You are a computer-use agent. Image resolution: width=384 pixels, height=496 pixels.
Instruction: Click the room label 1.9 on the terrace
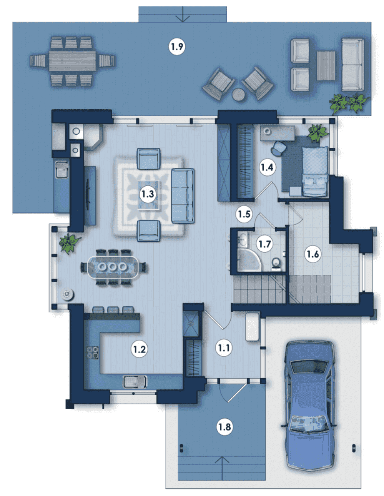[177, 47]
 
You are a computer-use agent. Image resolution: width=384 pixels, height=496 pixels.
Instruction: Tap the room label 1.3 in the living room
[148, 194]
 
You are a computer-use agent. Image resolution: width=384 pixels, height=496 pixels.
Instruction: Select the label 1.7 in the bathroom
[264, 244]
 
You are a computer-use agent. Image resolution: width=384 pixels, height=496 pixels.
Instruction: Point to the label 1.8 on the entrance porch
[224, 427]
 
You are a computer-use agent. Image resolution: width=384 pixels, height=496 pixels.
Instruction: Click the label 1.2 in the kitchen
[139, 349]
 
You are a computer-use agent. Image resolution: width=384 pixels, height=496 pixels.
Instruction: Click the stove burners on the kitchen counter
[93, 352]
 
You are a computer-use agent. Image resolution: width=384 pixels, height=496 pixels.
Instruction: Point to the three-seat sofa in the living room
[183, 195]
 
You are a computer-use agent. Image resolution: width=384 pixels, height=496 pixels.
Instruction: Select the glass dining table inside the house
[113, 267]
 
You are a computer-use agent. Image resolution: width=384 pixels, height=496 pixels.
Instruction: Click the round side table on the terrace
[239, 94]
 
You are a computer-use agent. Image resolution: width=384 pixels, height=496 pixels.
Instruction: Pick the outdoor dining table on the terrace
[72, 61]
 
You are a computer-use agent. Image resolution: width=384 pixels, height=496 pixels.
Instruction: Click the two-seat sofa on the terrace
[352, 65]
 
